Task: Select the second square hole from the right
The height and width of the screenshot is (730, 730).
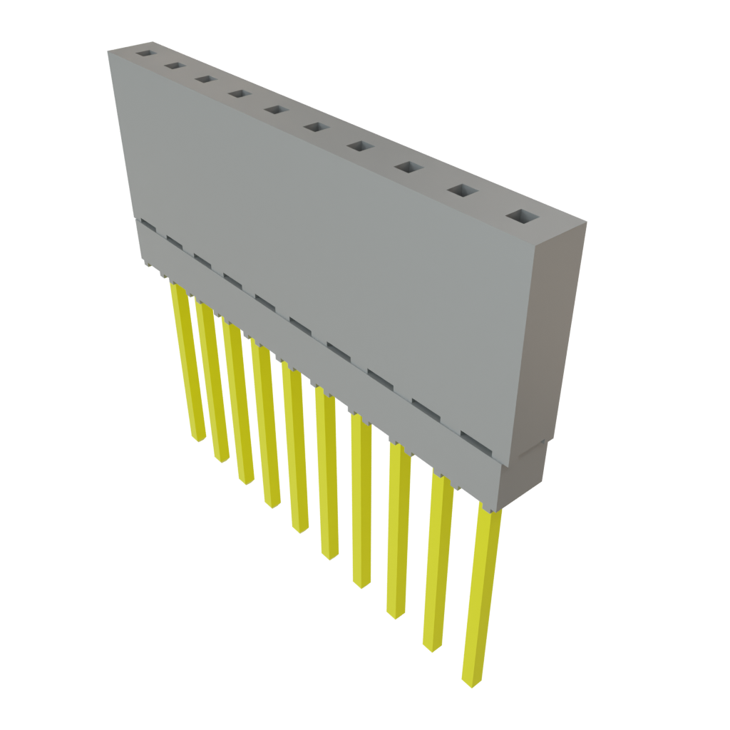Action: [463, 190]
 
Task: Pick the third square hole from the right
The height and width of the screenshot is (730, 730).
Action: [408, 167]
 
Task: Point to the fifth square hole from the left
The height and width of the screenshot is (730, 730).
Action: [274, 110]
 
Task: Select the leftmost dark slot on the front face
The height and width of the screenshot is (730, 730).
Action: [148, 225]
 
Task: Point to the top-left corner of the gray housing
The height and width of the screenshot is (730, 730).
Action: [108, 51]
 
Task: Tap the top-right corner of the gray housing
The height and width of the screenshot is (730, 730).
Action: [586, 223]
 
